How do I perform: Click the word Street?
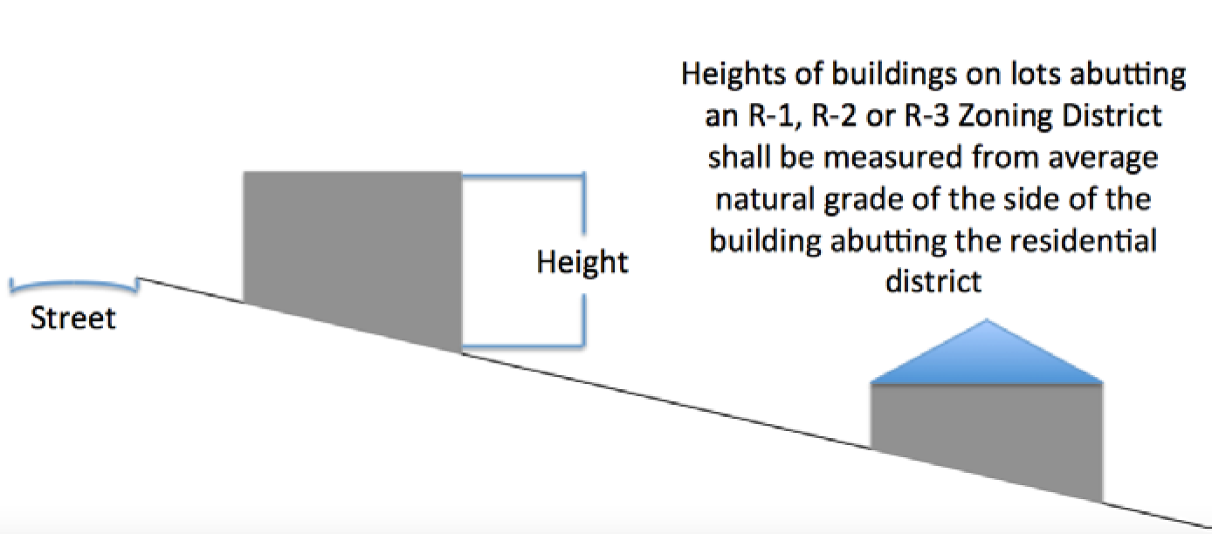(x=72, y=318)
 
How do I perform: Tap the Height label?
(x=582, y=261)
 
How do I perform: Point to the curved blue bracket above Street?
(x=73, y=284)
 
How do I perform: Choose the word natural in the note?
(x=765, y=200)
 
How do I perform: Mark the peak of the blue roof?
(x=988, y=322)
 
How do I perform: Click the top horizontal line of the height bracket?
(x=521, y=175)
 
